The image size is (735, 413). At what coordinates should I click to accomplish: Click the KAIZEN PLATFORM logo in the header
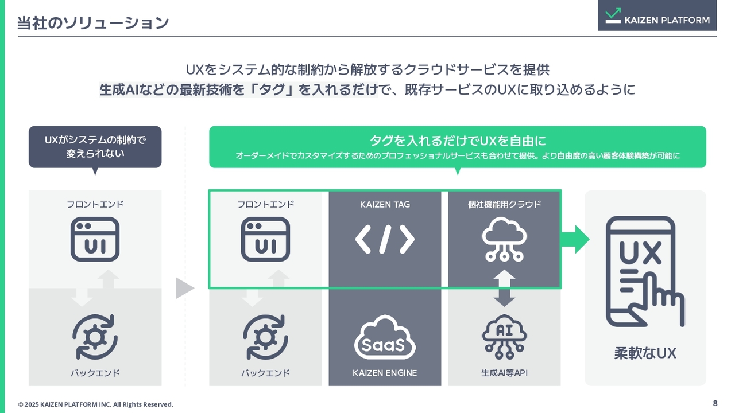pos(657,15)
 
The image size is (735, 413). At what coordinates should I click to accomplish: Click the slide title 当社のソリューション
pos(93,23)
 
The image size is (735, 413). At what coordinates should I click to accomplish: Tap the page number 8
pos(715,403)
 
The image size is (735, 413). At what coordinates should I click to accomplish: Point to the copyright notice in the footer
pos(95,404)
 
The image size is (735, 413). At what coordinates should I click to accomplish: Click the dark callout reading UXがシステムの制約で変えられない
pos(95,147)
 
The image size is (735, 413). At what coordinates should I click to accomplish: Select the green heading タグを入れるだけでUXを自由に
pos(458,141)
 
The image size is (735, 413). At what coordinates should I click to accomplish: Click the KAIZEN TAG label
pos(385,205)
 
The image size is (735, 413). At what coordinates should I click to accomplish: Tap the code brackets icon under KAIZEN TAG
pos(385,239)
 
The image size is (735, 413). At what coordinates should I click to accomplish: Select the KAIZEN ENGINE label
pos(385,373)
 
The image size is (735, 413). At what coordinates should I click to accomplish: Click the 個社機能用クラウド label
pos(504,205)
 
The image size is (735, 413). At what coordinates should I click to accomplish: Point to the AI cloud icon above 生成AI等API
pos(504,337)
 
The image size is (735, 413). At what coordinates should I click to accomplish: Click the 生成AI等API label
pos(504,373)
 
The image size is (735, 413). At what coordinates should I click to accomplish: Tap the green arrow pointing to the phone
pos(575,239)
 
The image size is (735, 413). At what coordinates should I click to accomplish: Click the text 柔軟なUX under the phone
pos(645,353)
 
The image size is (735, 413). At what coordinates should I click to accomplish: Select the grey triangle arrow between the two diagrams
pos(185,289)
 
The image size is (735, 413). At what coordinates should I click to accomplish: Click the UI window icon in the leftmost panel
pos(95,239)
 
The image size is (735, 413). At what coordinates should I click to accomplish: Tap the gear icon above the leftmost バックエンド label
pos(95,337)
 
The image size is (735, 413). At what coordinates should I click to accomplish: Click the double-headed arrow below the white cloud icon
pos(504,289)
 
